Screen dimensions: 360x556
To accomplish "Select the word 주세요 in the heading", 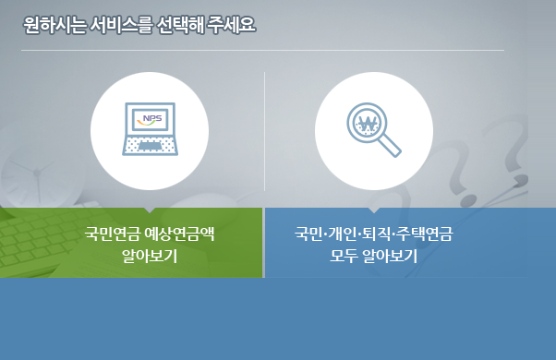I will (x=234, y=25).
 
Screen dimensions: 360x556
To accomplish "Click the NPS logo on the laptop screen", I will (x=150, y=119).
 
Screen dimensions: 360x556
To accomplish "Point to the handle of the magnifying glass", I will (x=392, y=146).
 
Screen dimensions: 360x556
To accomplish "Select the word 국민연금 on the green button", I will (x=113, y=234).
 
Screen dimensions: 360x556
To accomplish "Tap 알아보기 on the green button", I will (x=149, y=256).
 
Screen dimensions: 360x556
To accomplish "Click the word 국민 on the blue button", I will (x=308, y=234).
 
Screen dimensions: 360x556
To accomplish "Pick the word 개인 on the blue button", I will (x=341, y=234).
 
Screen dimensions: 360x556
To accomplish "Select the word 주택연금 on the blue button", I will (x=422, y=234).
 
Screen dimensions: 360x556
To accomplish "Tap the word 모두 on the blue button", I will (x=344, y=256).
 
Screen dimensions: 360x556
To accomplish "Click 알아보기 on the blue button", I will (x=390, y=256).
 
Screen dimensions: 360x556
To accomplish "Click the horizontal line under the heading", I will (x=262, y=50).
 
